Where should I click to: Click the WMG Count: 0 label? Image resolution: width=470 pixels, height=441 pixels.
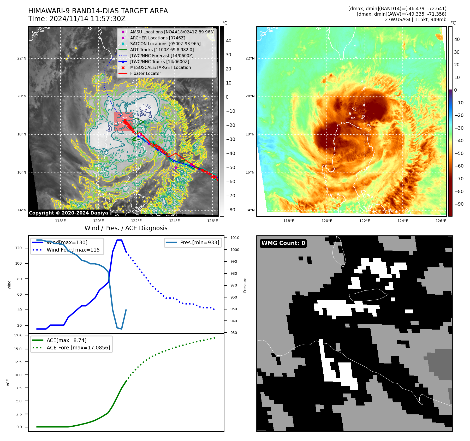(283, 243)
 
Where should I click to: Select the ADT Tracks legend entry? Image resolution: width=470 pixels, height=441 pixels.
(162, 50)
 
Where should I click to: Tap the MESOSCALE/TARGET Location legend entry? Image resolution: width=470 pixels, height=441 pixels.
(160, 67)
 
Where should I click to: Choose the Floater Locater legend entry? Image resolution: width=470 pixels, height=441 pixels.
(145, 73)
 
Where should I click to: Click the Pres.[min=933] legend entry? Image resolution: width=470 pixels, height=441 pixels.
(199, 242)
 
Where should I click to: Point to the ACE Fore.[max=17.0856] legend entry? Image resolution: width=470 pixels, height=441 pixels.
(78, 348)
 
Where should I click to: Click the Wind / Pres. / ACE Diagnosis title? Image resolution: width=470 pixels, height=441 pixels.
(126, 228)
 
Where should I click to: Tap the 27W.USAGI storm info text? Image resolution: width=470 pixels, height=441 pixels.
(415, 20)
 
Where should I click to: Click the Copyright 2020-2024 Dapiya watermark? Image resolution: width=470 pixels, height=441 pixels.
(68, 213)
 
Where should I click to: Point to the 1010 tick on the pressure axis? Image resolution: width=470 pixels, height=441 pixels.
(235, 238)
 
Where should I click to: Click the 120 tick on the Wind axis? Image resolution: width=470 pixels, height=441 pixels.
(19, 248)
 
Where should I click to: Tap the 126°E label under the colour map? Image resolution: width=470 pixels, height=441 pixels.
(441, 221)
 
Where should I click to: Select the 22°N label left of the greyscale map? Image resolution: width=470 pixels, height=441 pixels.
(22, 58)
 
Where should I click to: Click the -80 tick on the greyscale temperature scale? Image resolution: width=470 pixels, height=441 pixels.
(230, 210)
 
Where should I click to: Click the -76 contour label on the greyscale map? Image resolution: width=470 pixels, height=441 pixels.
(147, 106)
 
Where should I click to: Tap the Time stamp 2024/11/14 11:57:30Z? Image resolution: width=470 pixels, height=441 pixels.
(77, 19)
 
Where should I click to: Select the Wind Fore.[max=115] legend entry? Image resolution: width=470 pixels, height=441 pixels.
(74, 250)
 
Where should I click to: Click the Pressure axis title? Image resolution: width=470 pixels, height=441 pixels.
(245, 285)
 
